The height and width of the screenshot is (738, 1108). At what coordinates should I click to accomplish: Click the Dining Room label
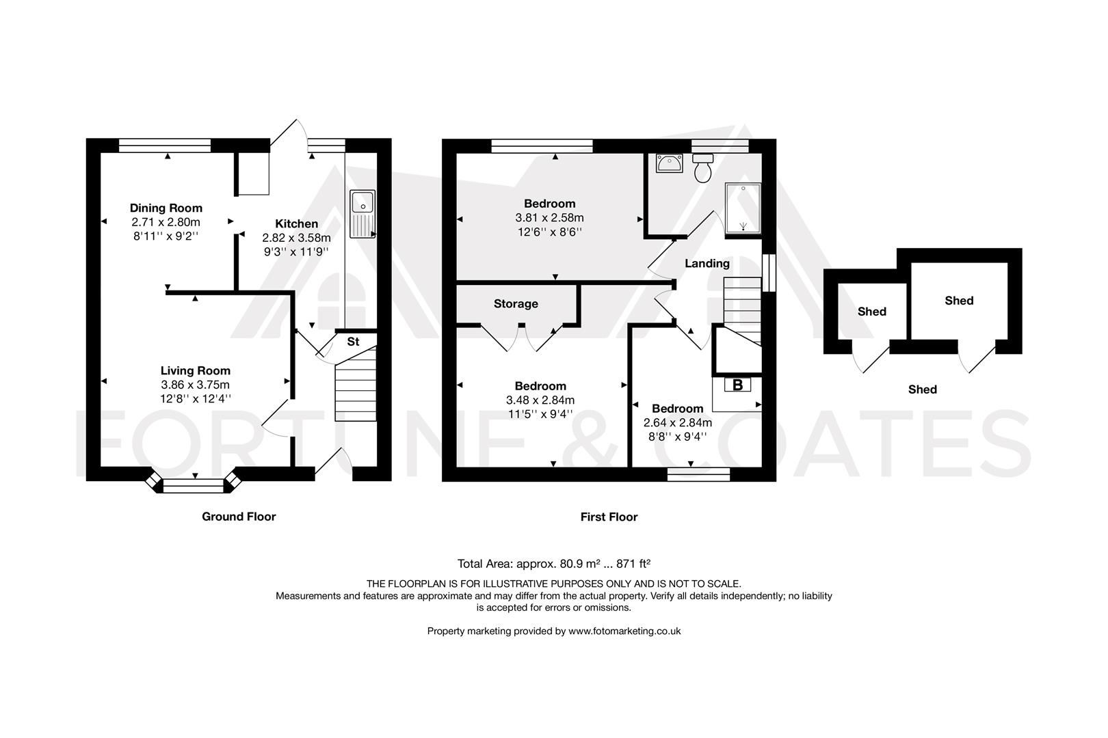coord(166,208)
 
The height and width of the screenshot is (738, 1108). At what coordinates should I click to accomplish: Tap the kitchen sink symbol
coord(362,213)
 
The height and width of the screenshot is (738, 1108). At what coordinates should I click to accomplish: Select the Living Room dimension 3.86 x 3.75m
coord(196,385)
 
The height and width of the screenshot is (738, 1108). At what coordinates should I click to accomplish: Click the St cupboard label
coord(353,342)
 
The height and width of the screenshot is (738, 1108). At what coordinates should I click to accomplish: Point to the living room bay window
coord(194,484)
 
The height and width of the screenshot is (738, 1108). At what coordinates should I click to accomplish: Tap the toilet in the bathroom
coord(702,167)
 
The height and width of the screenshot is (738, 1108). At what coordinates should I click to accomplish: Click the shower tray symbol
coord(743,208)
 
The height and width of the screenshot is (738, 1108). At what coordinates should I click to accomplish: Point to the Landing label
coord(707,263)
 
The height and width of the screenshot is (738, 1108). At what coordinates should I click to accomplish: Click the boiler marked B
coord(737,385)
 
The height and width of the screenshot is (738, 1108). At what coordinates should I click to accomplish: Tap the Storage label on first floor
coord(516,303)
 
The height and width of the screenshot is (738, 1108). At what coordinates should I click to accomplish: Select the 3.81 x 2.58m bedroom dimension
coord(549,218)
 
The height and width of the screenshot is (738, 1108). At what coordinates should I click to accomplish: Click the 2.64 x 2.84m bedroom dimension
coord(677,423)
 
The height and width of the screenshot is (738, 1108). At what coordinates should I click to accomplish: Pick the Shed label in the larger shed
coord(959,300)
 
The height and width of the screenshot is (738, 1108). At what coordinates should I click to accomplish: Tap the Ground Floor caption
coord(239,517)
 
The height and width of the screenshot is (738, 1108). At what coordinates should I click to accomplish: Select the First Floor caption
coord(609,517)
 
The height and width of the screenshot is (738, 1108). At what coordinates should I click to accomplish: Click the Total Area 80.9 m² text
coord(553,564)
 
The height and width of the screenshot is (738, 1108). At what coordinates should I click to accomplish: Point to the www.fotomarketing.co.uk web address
coord(624,631)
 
